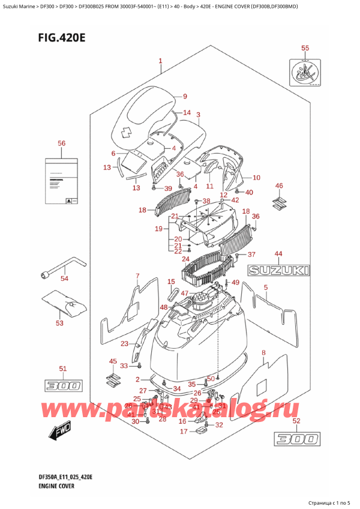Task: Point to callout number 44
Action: (x=278, y=253)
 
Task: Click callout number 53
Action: (x=59, y=324)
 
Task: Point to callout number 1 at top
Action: (x=160, y=61)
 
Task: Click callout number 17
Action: (x=184, y=432)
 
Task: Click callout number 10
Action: (x=256, y=178)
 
